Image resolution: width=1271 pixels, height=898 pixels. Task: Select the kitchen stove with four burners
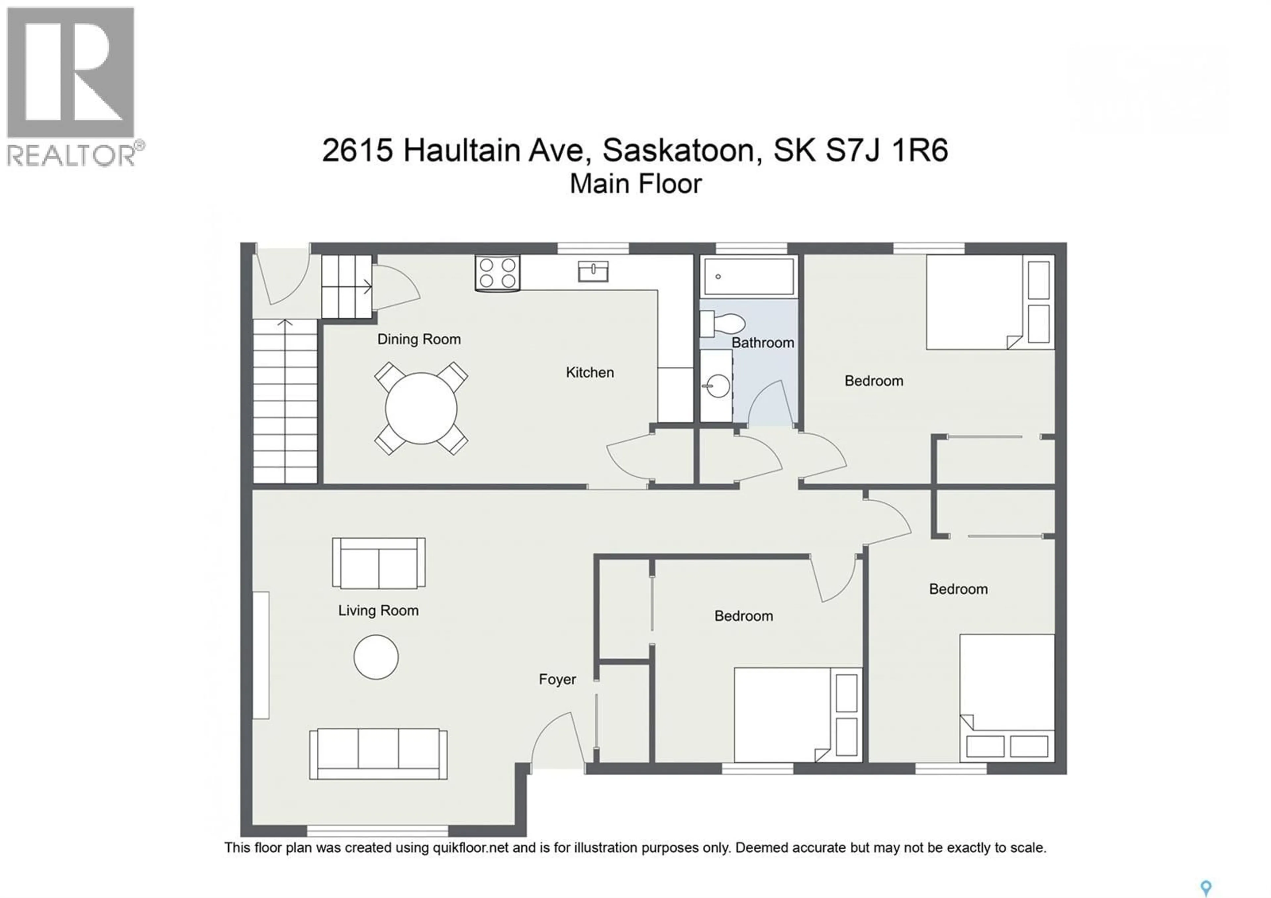[x=497, y=273]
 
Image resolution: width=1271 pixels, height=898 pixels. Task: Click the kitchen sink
[x=593, y=271]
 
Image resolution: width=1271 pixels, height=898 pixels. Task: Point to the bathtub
[x=749, y=276]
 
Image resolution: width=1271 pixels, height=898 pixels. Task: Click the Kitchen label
[x=589, y=373]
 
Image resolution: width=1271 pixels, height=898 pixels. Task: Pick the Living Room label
[x=378, y=611]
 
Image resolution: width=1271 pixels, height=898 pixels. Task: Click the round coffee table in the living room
[x=376, y=657]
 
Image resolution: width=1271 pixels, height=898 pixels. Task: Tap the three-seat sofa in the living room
[x=378, y=754]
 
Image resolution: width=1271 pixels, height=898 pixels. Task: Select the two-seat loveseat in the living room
[x=379, y=563]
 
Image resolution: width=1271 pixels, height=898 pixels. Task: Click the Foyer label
[x=557, y=679]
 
